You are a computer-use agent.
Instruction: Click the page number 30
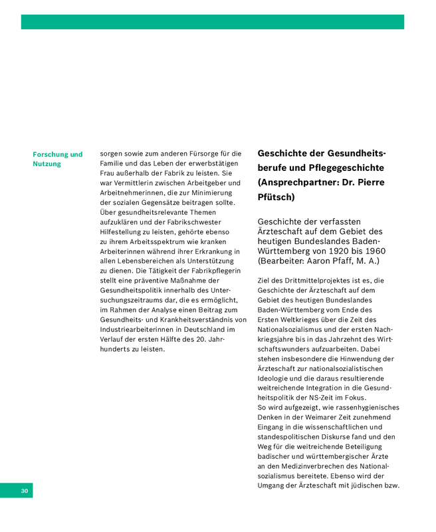[x=25, y=491]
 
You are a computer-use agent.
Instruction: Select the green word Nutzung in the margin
[x=47, y=164]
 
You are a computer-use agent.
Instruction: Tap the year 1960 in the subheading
[x=373, y=251]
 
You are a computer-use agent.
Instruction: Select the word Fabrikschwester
[x=191, y=221]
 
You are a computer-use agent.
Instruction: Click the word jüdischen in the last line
[x=364, y=485]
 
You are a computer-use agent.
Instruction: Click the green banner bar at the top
[x=213, y=22]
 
